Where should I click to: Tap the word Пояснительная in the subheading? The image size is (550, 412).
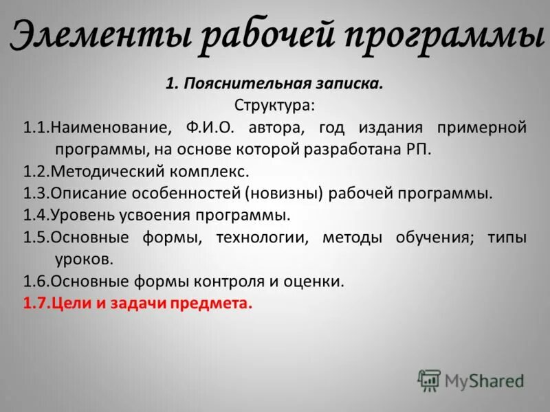click(239, 84)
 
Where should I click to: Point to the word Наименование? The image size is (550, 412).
click(110, 128)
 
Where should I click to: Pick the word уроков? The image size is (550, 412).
click(83, 260)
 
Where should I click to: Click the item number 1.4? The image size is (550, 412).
click(36, 216)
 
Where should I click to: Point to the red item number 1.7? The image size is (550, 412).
click(36, 304)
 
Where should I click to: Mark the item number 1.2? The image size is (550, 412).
click(36, 172)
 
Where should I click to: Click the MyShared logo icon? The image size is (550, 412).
click(429, 380)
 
